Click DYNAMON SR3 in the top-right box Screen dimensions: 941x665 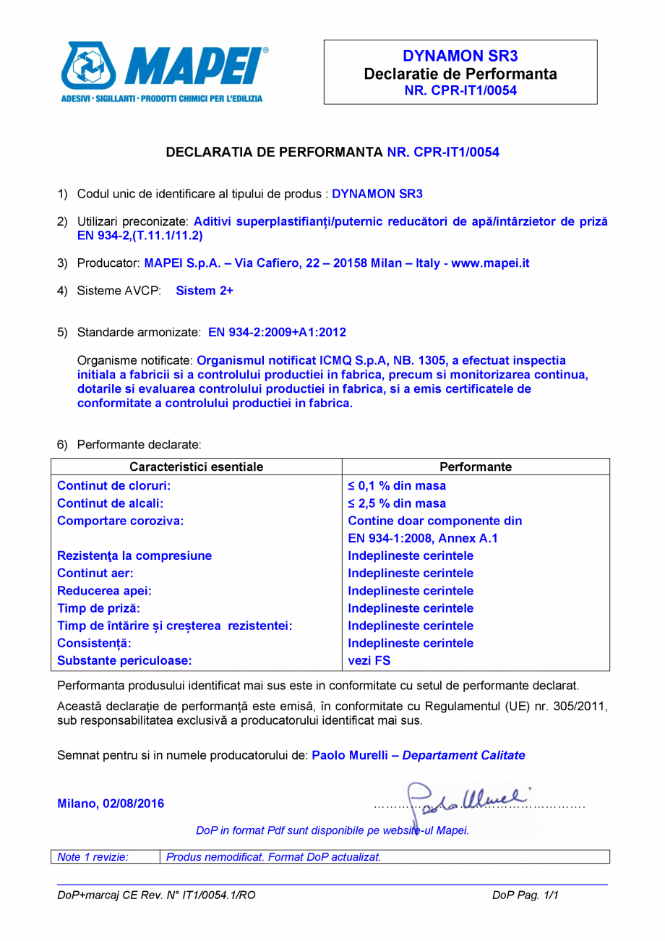click(460, 56)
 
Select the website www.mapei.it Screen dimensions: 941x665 click(490, 263)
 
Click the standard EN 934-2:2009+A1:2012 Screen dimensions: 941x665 click(277, 333)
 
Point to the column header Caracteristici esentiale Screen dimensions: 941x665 click(196, 467)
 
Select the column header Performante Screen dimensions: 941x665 click(475, 467)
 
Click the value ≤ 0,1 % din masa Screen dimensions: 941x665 click(397, 486)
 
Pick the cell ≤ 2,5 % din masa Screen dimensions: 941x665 click(397, 503)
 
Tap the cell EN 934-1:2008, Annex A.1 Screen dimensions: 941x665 click(423, 538)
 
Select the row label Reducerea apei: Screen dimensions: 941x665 click(104, 591)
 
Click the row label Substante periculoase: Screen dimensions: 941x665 click(124, 660)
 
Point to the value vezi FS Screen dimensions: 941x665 click(369, 660)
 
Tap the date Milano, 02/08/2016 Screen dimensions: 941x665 click(111, 804)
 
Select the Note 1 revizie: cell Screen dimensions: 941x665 click(93, 857)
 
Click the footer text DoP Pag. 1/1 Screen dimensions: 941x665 click(525, 895)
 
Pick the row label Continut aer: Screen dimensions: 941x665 click(93, 574)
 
